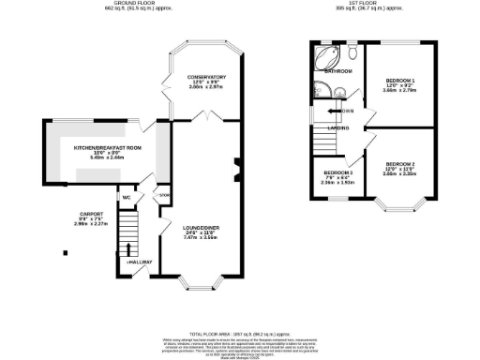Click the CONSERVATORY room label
203,77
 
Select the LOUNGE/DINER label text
202,226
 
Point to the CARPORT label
91,215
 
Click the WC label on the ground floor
125,198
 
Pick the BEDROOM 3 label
337,173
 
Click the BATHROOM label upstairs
337,71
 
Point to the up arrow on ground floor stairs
127,250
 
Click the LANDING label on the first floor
338,128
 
